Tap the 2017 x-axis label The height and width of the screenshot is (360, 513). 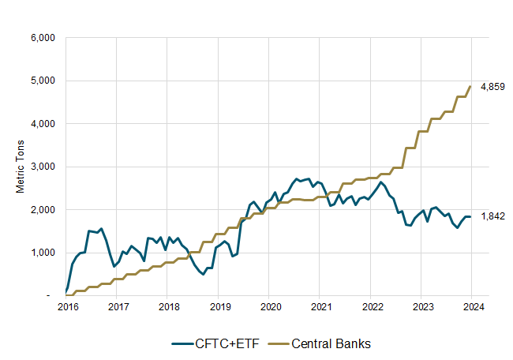point(118,306)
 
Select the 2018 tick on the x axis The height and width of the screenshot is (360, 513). point(168,306)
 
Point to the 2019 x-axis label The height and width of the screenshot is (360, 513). point(219,306)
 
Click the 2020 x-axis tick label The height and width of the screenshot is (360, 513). point(270,306)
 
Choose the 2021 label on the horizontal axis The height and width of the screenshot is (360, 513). point(321,306)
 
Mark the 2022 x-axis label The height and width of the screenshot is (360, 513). point(372,306)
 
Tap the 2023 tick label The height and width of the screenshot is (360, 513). point(423,306)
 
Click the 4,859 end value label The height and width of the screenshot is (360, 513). point(492,86)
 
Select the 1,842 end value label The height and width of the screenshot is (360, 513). point(492,216)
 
